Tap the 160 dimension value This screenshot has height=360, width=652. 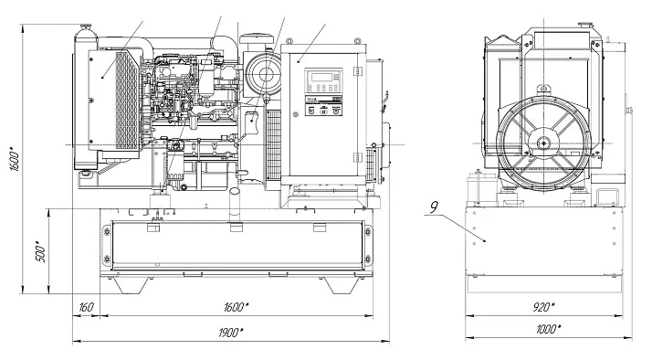coord(85,307)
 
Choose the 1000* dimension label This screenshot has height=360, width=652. coord(548,330)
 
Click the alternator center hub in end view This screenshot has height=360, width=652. coord(545,143)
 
